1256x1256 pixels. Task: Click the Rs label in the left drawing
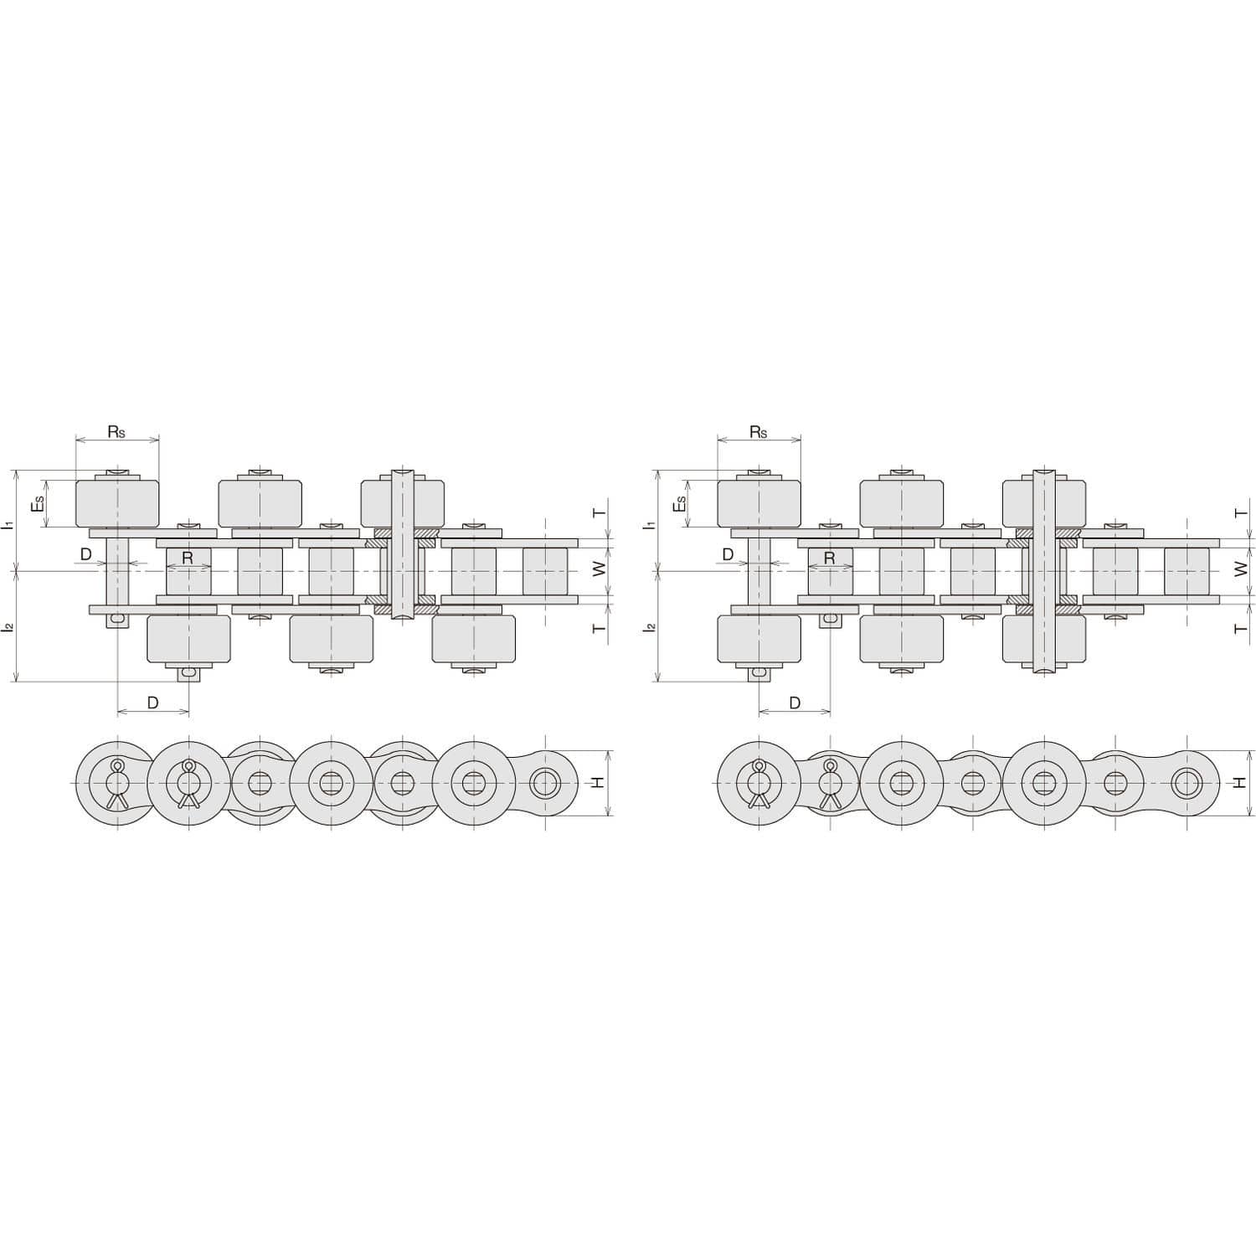pyautogui.click(x=116, y=432)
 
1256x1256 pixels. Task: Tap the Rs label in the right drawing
pyautogui.click(x=758, y=432)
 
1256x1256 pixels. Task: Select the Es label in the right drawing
pyautogui.click(x=680, y=504)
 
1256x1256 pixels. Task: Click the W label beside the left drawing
pyautogui.click(x=599, y=569)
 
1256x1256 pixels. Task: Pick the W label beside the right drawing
pyautogui.click(x=1241, y=569)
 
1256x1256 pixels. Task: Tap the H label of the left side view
pyautogui.click(x=598, y=782)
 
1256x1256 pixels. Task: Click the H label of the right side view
pyautogui.click(x=1240, y=782)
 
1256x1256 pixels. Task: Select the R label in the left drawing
pyautogui.click(x=188, y=557)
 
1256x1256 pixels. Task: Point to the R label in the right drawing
pyautogui.click(x=829, y=557)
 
